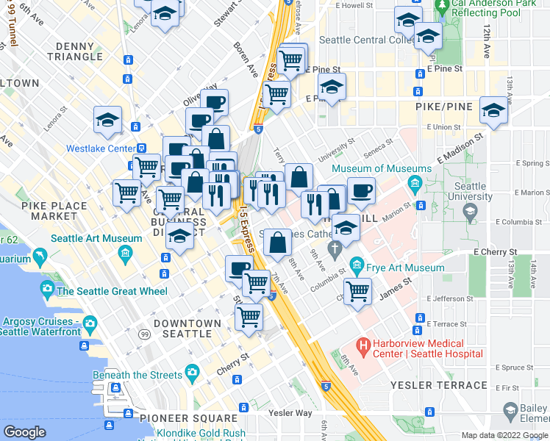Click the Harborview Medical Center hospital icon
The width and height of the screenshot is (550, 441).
[x=362, y=344]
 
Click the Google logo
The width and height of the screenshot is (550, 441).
[x=24, y=432]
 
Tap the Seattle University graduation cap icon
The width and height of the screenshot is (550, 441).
[x=470, y=212]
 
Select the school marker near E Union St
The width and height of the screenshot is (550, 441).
[x=493, y=112]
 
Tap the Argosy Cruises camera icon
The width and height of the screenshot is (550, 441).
[x=90, y=322]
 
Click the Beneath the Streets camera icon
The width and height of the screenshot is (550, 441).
[x=192, y=370]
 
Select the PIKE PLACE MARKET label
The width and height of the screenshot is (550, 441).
[x=49, y=211]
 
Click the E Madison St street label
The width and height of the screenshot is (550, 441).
[x=459, y=148]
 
